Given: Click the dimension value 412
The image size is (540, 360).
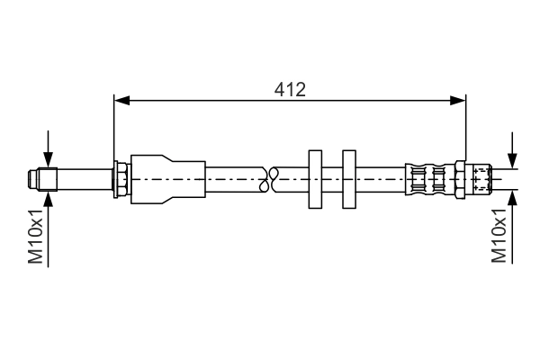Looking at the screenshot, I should click(x=290, y=89).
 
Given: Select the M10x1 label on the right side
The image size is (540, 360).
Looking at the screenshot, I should click(x=500, y=237).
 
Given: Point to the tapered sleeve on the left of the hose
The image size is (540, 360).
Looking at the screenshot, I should click(x=166, y=179).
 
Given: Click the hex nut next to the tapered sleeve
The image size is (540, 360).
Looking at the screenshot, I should click(x=120, y=179).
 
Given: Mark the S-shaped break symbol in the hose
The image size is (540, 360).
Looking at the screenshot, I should click(x=266, y=179).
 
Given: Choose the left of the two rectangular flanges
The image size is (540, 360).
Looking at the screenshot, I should click(x=314, y=179).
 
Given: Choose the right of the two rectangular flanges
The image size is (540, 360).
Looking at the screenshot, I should click(x=350, y=179).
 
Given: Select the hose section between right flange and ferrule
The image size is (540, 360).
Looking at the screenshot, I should click(x=382, y=179).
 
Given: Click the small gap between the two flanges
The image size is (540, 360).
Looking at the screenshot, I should click(x=332, y=179).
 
